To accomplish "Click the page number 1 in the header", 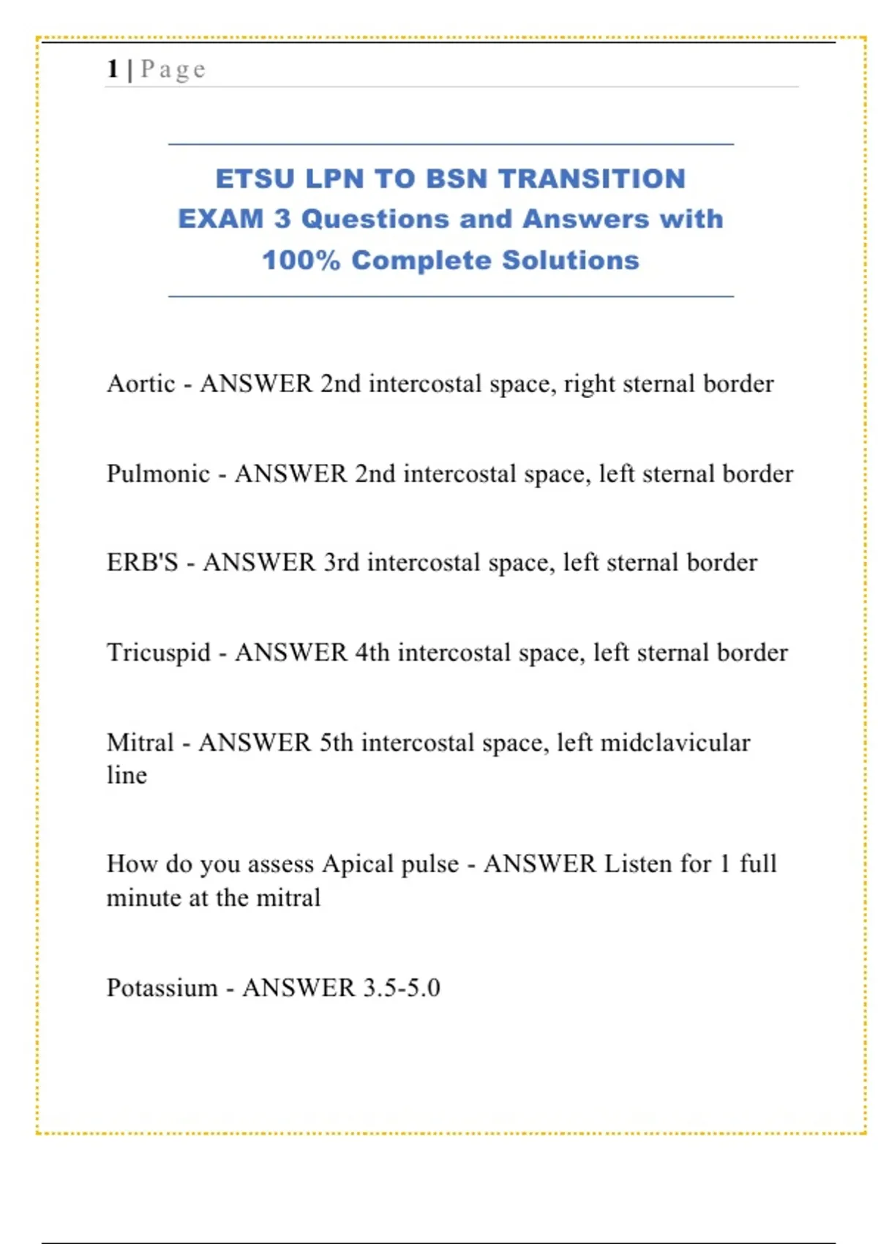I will pos(113,69).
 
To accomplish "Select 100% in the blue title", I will pos(301,261).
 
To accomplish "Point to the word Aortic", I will pos(141,383).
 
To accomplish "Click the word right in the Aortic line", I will pos(589,385).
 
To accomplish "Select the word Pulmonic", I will pos(158,473).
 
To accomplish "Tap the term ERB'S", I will pos(143,563).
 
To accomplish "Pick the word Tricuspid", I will pos(159,653).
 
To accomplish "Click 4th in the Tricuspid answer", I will pos(372,653).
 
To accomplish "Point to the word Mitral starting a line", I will pos(140,743).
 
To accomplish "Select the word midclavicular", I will pos(675,743).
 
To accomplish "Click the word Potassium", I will pos(162,988).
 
